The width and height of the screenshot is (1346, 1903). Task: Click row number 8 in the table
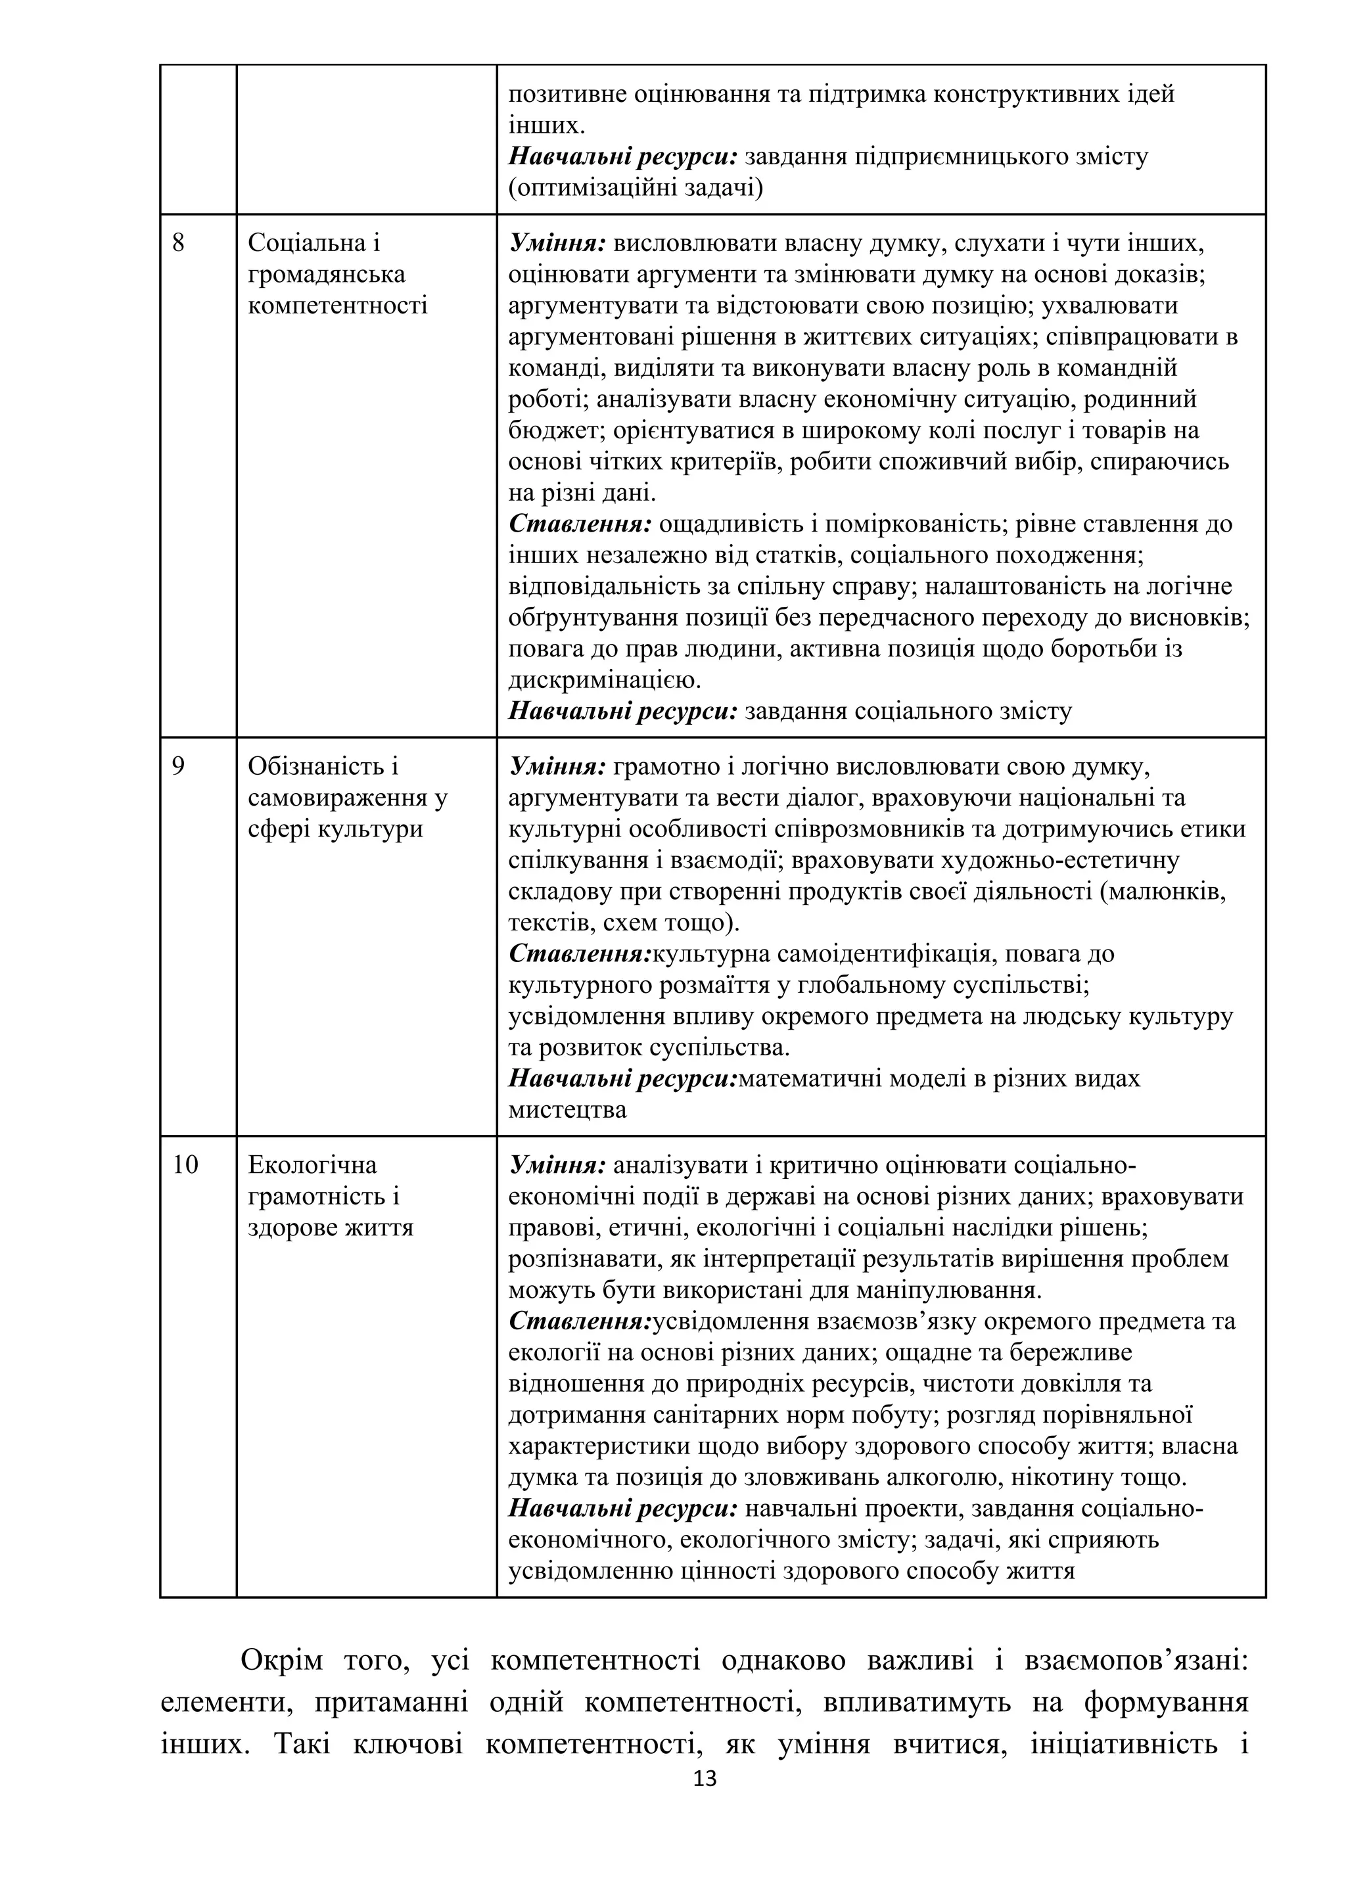pyautogui.click(x=178, y=244)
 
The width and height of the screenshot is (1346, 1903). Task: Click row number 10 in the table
pyautogui.click(x=185, y=1165)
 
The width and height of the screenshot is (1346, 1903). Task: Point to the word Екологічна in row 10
pyautogui.click(x=312, y=1165)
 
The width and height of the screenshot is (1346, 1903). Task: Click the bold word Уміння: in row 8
pyautogui.click(x=557, y=244)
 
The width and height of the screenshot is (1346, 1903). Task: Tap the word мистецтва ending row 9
pyautogui.click(x=567, y=1110)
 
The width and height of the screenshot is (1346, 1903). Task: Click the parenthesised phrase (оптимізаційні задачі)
pyautogui.click(x=635, y=188)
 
